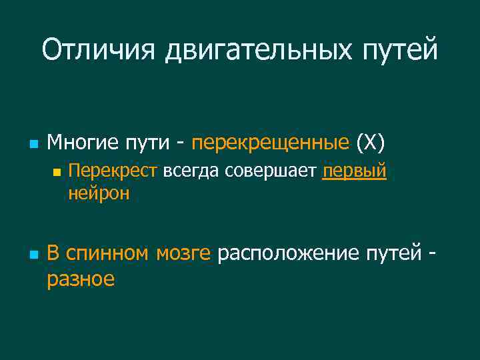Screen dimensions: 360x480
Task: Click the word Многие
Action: coord(80,142)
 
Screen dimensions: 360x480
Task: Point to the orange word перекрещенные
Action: coord(270,143)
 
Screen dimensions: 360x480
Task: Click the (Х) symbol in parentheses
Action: coord(371,143)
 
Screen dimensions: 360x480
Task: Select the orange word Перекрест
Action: coord(113,171)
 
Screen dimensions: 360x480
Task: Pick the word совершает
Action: coord(271,171)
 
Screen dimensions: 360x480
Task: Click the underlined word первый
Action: coord(354,171)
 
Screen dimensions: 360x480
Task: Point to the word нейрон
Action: coord(99,193)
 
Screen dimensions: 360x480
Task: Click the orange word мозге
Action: coord(183,253)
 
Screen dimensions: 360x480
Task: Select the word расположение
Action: coord(288,253)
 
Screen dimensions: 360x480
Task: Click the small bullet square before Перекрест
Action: coord(57,172)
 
